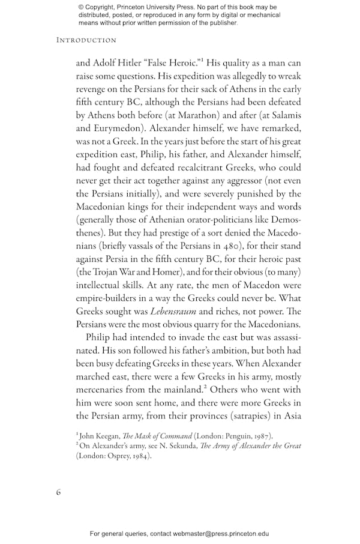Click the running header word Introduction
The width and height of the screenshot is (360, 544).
click(x=86, y=40)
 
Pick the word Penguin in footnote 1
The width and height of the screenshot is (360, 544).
click(x=231, y=434)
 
